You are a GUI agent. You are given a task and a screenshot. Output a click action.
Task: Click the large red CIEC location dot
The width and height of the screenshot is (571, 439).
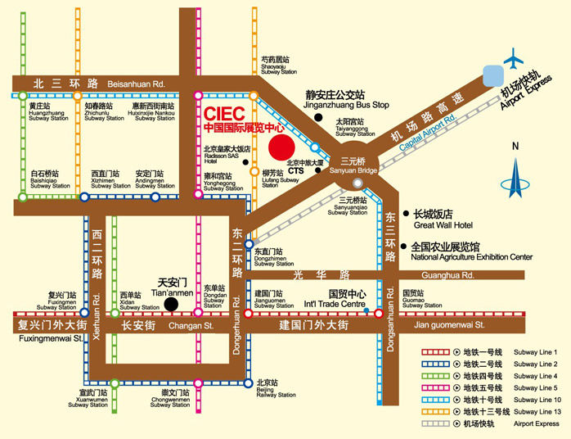pyautogui.click(x=281, y=147)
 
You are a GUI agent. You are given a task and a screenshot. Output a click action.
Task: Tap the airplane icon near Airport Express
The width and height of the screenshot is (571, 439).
pyautogui.click(x=515, y=59)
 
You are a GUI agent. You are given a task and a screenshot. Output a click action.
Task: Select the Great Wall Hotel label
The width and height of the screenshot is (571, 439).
pyautogui.click(x=444, y=219)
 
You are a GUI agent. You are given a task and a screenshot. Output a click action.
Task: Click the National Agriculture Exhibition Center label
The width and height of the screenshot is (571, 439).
pyautogui.click(x=471, y=251)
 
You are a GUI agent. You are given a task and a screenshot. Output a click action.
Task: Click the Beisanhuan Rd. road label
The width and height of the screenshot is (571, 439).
pyautogui.click(x=136, y=84)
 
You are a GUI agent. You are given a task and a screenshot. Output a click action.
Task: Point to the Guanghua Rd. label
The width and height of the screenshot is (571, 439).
pyautogui.click(x=434, y=276)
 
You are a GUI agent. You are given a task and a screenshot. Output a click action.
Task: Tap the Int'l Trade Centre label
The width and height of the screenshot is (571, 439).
pyautogui.click(x=346, y=299)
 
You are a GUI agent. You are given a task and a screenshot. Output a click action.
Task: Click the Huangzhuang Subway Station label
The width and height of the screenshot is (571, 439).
pyautogui.click(x=48, y=112)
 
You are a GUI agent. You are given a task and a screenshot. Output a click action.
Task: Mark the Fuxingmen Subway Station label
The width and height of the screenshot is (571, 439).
pyautogui.click(x=56, y=301)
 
